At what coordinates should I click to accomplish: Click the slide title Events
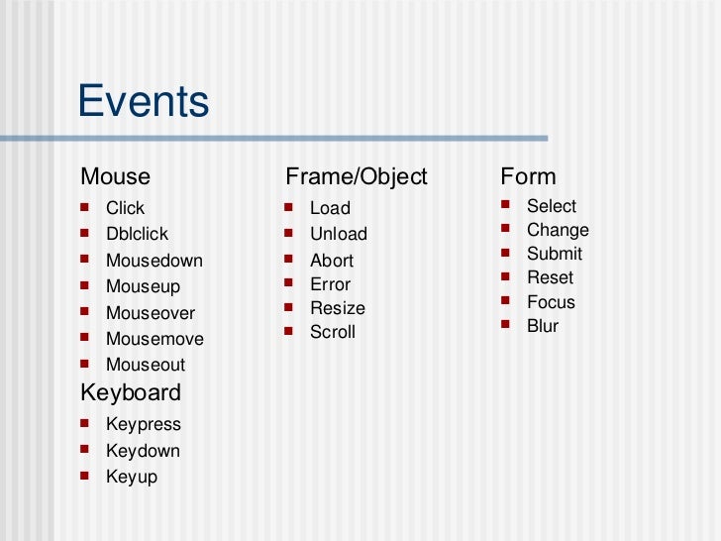coord(144,102)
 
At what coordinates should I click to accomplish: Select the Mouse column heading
coord(115,177)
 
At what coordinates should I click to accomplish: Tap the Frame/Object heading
coord(356,177)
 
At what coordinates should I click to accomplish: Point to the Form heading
coord(528,177)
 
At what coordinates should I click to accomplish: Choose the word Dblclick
coord(137,235)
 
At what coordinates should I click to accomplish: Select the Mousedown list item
coord(154,261)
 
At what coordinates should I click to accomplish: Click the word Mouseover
coord(151,313)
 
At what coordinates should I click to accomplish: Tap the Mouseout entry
coord(145,365)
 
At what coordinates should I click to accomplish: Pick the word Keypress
coord(144,425)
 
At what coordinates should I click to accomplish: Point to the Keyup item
coord(131,478)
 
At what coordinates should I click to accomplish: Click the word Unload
coord(338,235)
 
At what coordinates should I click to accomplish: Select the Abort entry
coord(331,261)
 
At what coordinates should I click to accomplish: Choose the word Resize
coord(337,308)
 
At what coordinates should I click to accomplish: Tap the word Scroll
coord(332,333)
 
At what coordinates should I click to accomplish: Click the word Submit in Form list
coord(554,254)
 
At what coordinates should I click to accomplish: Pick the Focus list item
coord(551,302)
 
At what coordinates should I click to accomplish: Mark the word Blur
coord(542,326)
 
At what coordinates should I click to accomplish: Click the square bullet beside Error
coord(287,283)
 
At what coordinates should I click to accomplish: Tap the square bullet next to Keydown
coord(85,450)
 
